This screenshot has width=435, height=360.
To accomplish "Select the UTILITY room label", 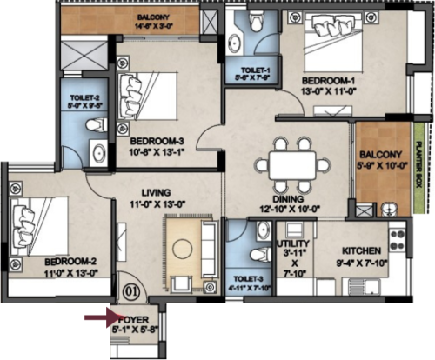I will [289, 245].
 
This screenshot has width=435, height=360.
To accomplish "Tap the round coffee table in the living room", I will [183, 246].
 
